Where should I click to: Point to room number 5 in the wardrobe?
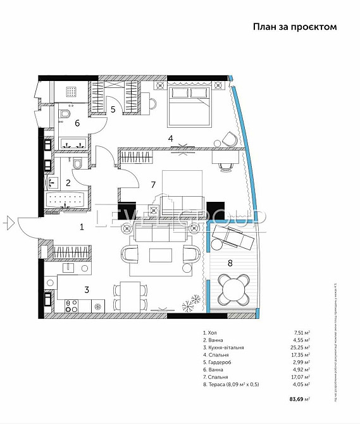[113, 109]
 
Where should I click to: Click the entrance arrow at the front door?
[8, 221]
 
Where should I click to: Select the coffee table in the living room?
[160, 255]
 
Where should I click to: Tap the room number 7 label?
[152, 185]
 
